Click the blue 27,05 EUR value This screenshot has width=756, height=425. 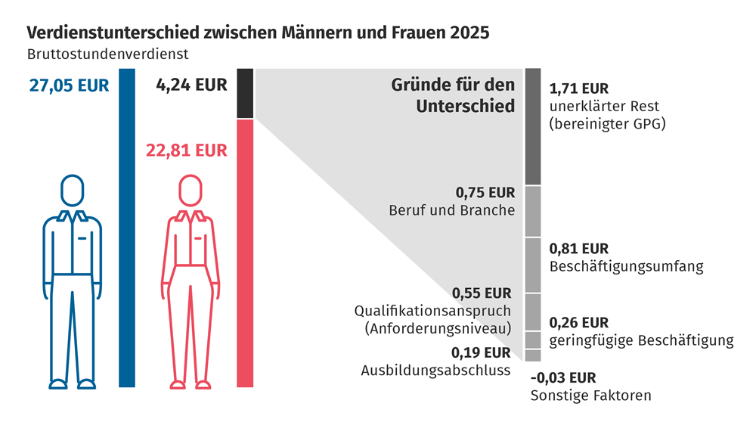click(69, 85)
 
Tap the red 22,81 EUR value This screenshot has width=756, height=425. click(186, 150)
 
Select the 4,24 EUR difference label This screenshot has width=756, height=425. click(191, 85)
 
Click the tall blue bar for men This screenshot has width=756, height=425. click(127, 227)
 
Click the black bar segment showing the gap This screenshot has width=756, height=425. click(245, 93)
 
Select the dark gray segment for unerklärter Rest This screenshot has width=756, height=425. click(533, 126)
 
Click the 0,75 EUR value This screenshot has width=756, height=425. click(486, 192)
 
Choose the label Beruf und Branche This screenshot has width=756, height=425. click(452, 210)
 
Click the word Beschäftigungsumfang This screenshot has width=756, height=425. click(627, 266)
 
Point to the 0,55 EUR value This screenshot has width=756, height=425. click(482, 293)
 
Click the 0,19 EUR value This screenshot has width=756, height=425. click(481, 352)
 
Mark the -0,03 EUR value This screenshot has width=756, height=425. click(563, 377)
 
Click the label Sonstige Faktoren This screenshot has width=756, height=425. click(590, 395)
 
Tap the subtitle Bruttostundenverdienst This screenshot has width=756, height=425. click(107, 54)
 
